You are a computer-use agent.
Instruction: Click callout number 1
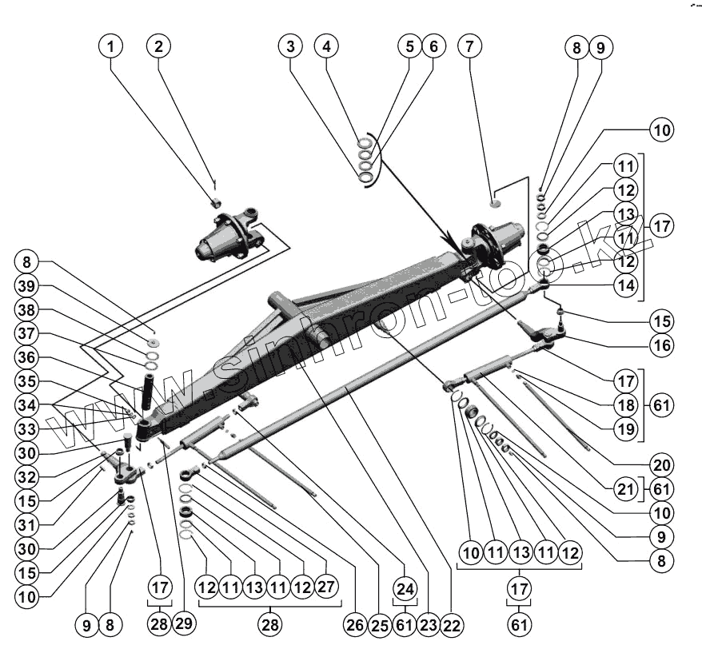(x=111, y=46)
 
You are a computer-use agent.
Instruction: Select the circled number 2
(x=158, y=46)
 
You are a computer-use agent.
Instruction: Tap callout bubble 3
(x=291, y=46)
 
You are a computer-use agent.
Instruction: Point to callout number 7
(x=325, y=46)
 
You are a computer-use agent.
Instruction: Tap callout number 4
(x=325, y=46)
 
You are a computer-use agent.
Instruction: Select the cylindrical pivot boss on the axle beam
(x=281, y=304)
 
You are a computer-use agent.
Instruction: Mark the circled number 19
(x=624, y=429)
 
